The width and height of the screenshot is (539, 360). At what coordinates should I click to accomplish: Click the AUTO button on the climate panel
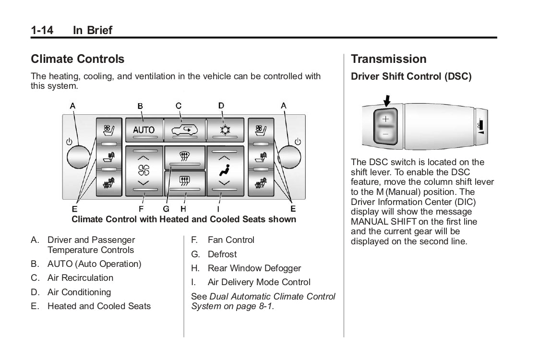144,130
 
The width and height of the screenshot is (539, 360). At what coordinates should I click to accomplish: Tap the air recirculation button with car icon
184,129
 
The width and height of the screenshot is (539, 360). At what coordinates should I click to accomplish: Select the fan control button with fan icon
144,170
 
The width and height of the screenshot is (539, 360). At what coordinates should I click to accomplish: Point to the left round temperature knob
79,156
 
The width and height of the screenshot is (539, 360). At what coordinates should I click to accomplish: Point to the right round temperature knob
289,156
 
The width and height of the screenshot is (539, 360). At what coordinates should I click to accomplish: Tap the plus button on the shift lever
386,119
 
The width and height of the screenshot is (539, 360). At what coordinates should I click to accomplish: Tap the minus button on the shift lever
386,134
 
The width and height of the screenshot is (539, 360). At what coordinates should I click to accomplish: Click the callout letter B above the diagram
140,105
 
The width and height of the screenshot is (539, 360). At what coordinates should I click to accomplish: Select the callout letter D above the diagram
221,105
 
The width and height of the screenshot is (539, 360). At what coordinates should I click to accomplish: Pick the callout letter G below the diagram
166,209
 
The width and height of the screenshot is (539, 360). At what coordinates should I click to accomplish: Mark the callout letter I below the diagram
218,209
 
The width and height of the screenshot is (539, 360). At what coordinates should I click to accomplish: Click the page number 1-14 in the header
42,30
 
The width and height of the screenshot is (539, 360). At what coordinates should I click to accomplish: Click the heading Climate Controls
77,59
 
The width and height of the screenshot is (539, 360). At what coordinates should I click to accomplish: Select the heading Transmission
388,59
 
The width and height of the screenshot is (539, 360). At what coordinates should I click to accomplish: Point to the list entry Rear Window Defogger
254,268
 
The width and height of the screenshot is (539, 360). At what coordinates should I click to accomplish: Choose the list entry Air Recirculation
80,278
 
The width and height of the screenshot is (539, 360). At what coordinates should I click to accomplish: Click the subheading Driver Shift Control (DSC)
411,77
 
